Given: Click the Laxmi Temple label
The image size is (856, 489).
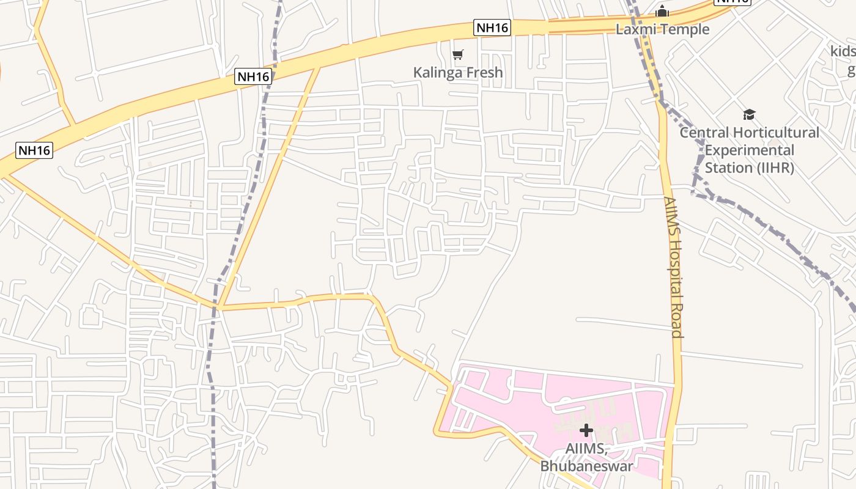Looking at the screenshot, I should (662, 29).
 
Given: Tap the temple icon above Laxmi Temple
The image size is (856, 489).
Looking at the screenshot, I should (662, 12).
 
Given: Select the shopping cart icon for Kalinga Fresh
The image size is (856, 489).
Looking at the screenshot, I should (458, 55).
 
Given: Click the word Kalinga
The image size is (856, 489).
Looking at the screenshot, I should (437, 72).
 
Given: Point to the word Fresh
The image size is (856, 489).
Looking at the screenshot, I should (482, 72).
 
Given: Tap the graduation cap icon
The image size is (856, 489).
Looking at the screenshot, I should (749, 114).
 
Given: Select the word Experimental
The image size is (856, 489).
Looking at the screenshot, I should (749, 150).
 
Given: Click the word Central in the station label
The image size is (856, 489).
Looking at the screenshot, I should (704, 133).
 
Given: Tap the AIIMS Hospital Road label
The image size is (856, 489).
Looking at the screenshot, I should (673, 267).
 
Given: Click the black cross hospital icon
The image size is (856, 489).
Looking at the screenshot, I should (586, 430).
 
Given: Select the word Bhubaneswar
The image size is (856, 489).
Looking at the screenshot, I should (586, 466).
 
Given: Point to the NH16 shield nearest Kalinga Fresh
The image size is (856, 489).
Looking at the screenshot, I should (492, 28).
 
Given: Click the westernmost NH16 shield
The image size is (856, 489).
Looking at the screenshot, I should (34, 150).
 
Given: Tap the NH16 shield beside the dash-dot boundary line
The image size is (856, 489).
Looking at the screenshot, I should (253, 76).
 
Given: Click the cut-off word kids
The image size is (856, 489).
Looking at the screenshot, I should (843, 51).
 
